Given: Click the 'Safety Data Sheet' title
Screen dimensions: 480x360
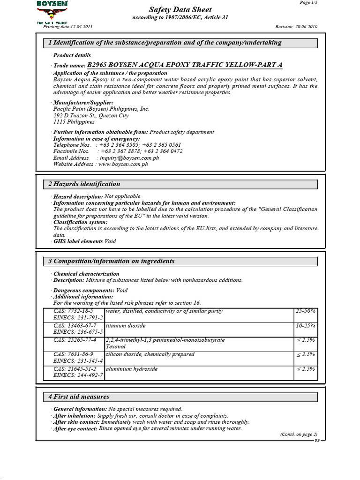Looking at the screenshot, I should pos(180,10).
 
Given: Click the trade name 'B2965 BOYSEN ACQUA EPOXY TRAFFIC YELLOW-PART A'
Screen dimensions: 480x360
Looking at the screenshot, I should pos(185,65).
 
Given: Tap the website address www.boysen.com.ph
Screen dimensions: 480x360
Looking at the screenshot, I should pos(123,165).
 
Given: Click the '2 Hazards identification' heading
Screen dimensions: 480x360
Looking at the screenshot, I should pos(84,184).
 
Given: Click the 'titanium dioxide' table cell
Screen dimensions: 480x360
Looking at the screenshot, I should pos(126,325).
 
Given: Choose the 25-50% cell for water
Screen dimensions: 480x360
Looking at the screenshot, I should pos(306,311).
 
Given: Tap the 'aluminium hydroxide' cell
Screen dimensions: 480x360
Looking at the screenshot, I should pos(132,369).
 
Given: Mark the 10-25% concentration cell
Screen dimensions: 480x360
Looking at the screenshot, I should pos(306,325).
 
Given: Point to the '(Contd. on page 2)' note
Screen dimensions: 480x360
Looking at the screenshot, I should pos(299,435).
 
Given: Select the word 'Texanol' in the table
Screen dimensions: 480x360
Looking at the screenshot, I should pos(116,346).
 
